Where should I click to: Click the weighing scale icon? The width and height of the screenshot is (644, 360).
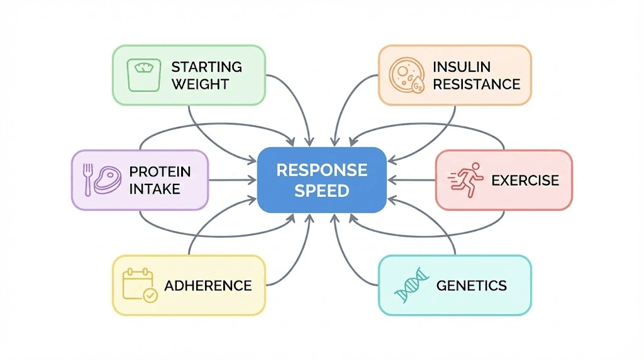142,75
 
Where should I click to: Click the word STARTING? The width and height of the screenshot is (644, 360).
206,67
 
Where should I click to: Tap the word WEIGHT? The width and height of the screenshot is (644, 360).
199,84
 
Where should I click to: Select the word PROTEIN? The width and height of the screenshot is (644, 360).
160,171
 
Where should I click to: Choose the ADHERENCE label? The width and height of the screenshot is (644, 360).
208,286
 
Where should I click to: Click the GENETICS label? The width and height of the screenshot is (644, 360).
471,286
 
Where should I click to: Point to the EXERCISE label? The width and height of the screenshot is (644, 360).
525,181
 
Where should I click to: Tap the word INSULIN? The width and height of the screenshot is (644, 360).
461,67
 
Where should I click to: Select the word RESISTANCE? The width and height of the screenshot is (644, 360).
476,84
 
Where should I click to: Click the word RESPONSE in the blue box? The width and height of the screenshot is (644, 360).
321,170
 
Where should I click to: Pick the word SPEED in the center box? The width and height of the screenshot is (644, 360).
321,191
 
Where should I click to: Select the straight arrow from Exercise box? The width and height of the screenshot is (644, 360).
411,180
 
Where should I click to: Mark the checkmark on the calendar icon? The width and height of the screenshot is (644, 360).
150,295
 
